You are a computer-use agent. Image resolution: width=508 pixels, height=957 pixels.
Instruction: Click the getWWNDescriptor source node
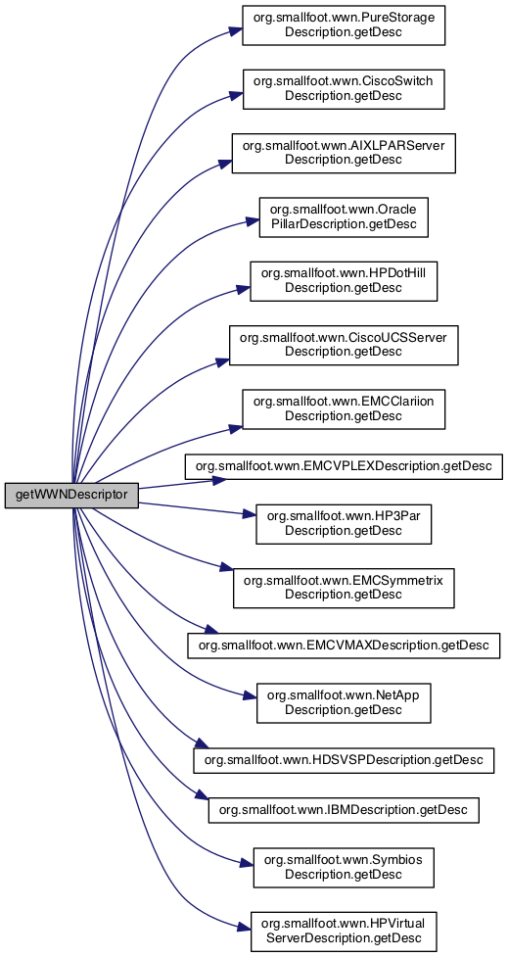72,495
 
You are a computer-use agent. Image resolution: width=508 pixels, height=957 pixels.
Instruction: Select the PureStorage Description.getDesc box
344,25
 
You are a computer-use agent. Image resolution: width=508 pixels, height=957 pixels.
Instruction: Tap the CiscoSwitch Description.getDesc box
344,89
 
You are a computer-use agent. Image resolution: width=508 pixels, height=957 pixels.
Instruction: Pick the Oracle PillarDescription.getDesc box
344,216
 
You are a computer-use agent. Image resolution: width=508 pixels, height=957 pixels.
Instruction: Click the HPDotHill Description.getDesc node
344,281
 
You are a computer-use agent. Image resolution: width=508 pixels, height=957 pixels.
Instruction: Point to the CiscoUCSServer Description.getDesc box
344,345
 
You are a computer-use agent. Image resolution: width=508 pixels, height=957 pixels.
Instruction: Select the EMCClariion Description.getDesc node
344,408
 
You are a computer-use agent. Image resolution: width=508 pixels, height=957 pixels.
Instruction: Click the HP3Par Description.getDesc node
344,523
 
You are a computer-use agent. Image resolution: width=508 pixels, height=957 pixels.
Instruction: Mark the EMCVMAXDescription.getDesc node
344,646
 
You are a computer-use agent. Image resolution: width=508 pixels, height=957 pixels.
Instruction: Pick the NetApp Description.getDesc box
344,703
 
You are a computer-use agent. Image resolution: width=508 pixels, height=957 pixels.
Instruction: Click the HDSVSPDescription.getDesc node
344,760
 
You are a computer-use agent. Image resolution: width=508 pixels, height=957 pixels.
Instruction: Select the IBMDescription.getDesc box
344,810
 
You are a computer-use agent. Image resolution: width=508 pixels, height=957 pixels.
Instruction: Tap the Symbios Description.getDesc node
344,868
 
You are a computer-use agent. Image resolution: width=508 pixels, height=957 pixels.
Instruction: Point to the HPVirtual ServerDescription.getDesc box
344,932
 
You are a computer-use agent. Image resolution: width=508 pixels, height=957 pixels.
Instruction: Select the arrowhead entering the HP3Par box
249,516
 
